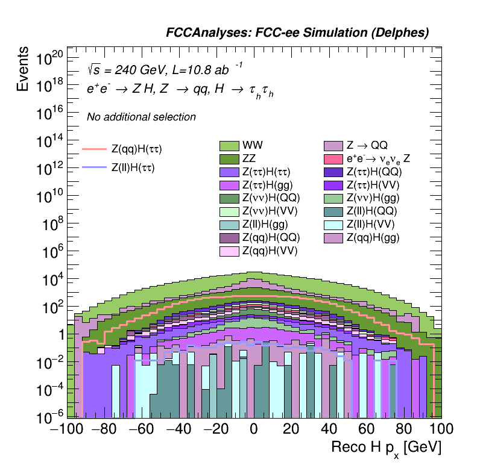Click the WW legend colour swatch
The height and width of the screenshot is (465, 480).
229,145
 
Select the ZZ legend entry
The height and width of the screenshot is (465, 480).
229,158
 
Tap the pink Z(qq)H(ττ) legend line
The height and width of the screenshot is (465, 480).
94,148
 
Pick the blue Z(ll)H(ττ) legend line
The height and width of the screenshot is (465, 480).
94,168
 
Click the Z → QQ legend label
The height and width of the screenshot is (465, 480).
367,145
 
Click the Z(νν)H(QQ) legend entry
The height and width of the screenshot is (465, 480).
271,198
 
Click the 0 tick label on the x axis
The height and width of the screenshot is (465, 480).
254,429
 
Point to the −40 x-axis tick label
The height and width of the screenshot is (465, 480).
177,429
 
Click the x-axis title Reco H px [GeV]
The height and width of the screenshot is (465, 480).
386,447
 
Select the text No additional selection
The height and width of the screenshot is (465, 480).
141,117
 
